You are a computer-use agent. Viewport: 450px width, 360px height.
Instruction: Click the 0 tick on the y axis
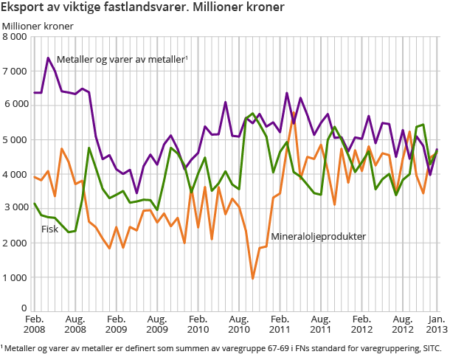24,308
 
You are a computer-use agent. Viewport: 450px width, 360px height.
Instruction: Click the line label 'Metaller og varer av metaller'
122,59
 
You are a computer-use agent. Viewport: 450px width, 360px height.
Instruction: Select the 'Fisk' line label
50,229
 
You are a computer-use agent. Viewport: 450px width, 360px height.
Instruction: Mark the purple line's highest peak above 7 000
48,58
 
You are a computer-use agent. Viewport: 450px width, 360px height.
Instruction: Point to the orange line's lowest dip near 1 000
253,278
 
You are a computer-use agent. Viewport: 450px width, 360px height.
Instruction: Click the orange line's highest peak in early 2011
294,113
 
